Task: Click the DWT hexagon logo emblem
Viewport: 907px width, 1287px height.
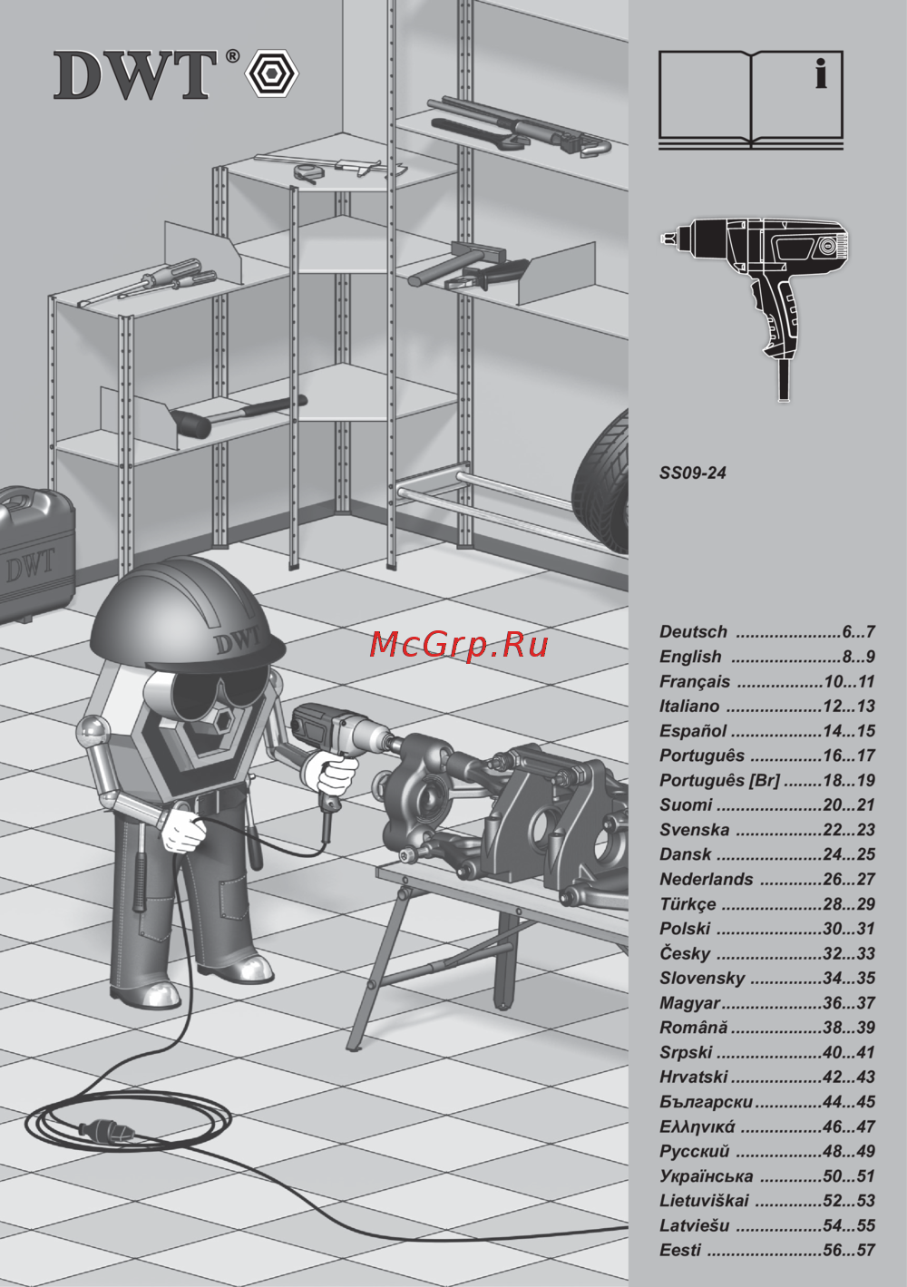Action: tap(272, 74)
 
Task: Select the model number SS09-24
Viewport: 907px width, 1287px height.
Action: tap(692, 473)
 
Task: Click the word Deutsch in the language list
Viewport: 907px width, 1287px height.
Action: tap(693, 631)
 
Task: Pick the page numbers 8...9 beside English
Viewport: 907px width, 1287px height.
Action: tap(858, 656)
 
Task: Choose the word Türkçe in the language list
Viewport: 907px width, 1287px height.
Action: tap(688, 904)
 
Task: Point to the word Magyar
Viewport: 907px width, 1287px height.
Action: tap(689, 1003)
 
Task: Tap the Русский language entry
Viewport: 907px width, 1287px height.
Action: tap(695, 1151)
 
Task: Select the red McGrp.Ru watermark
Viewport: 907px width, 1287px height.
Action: tap(458, 645)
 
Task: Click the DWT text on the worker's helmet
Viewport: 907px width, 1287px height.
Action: tap(239, 640)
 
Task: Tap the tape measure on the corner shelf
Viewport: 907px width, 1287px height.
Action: tap(305, 171)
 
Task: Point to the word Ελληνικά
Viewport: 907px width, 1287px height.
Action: tap(697, 1126)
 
